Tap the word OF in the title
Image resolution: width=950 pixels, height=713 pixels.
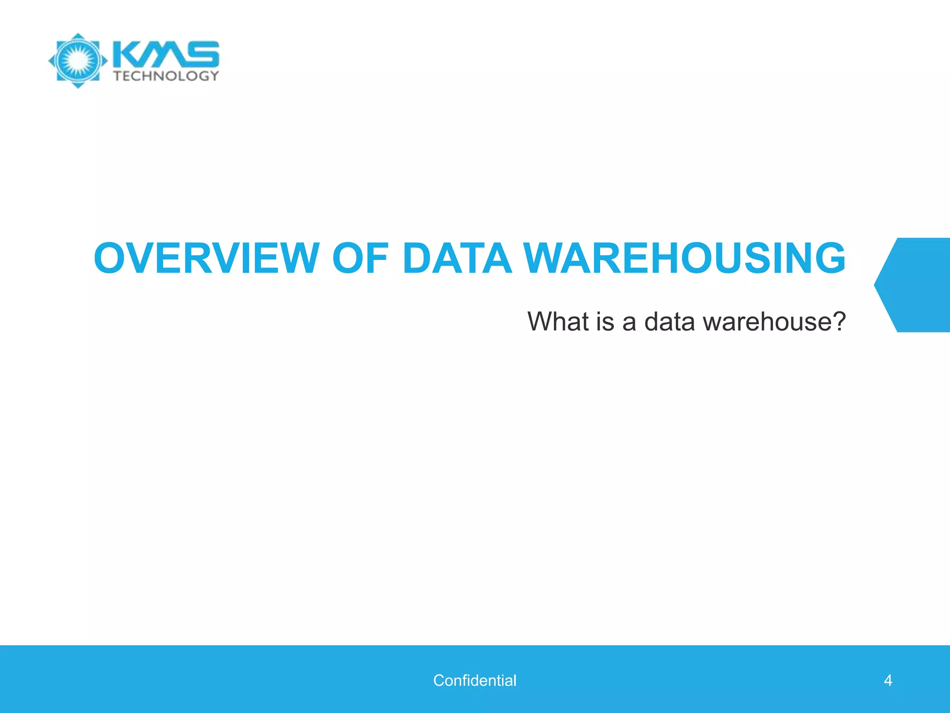[x=360, y=258]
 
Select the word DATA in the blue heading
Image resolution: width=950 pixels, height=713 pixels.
[x=457, y=258]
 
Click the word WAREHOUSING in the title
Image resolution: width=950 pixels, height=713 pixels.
[x=685, y=258]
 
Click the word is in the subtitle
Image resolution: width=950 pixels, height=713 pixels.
[x=605, y=321]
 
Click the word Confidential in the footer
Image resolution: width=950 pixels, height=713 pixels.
[x=475, y=681]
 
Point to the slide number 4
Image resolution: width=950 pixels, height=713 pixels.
[x=888, y=681]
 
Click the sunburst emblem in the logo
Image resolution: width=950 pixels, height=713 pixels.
[x=78, y=61]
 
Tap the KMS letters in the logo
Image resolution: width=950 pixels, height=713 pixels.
[x=166, y=54]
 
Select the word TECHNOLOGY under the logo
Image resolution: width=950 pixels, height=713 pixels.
[x=166, y=76]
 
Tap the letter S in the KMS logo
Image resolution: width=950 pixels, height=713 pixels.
[x=204, y=54]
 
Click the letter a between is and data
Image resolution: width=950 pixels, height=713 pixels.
[x=629, y=322]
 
